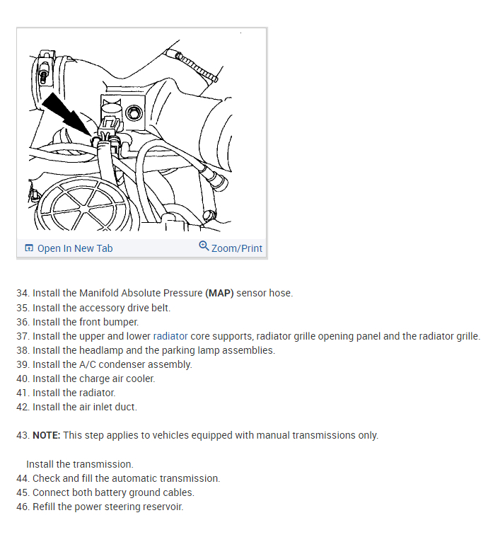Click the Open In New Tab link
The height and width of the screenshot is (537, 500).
[x=74, y=248]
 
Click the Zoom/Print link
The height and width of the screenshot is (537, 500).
[x=236, y=248]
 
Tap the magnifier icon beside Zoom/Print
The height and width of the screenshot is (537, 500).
[x=204, y=247]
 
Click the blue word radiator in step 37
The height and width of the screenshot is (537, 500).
[x=170, y=336]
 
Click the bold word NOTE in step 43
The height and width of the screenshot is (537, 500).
[x=46, y=435]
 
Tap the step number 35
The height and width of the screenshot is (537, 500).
[x=22, y=308]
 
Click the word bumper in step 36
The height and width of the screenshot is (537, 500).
[x=120, y=322]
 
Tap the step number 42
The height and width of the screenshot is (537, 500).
[x=22, y=407]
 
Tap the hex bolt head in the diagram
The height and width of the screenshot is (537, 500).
[x=133, y=112]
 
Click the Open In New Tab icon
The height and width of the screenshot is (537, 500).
[x=29, y=248]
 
